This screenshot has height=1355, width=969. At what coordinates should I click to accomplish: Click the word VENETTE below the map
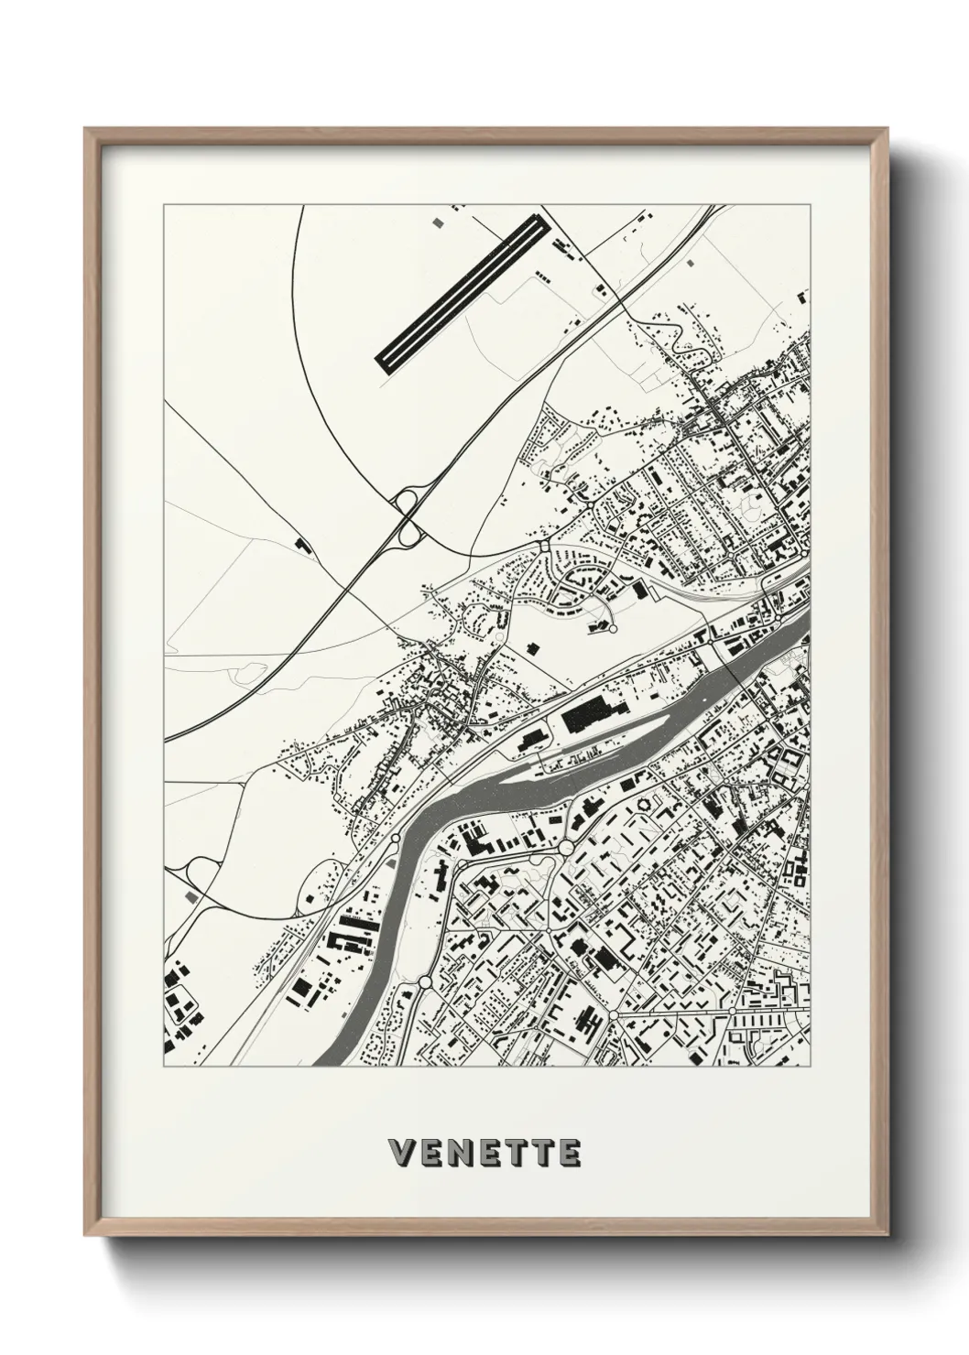point(484,1151)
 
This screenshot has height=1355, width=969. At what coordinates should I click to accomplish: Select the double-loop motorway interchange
point(407,515)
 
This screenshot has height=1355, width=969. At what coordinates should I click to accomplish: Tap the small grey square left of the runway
point(435,222)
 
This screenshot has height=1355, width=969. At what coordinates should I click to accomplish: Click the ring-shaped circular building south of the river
point(652,803)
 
